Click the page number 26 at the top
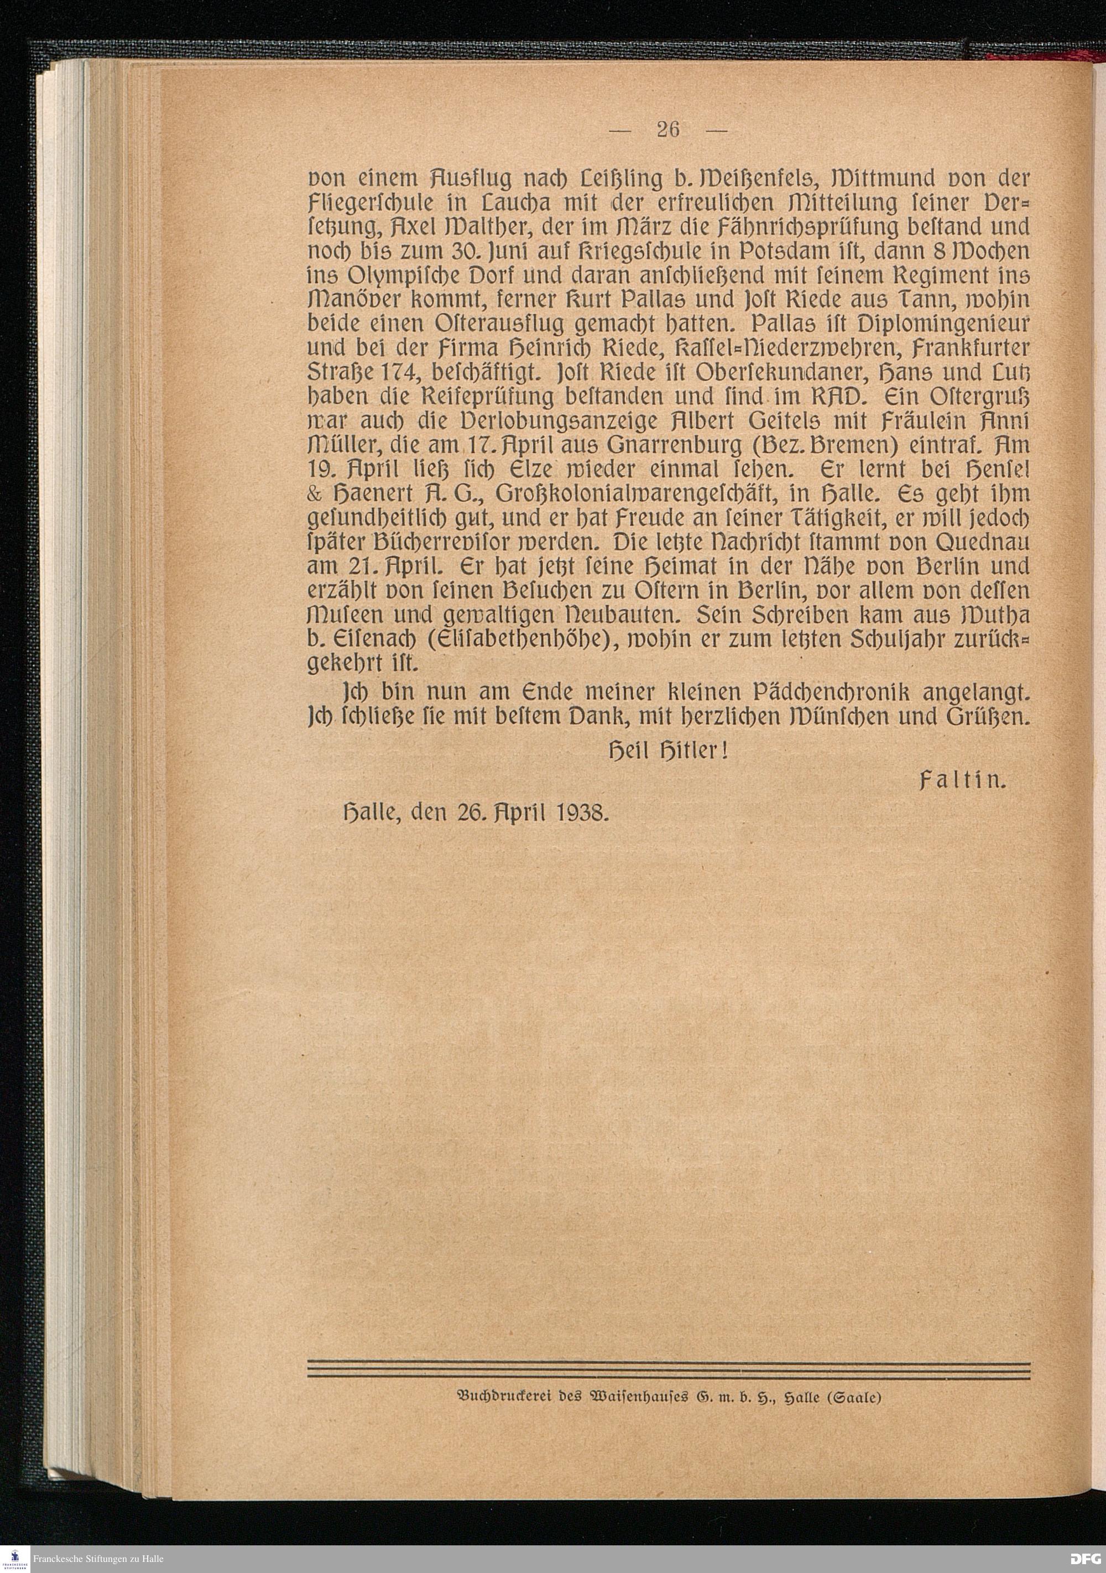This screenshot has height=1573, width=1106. coord(667,129)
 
